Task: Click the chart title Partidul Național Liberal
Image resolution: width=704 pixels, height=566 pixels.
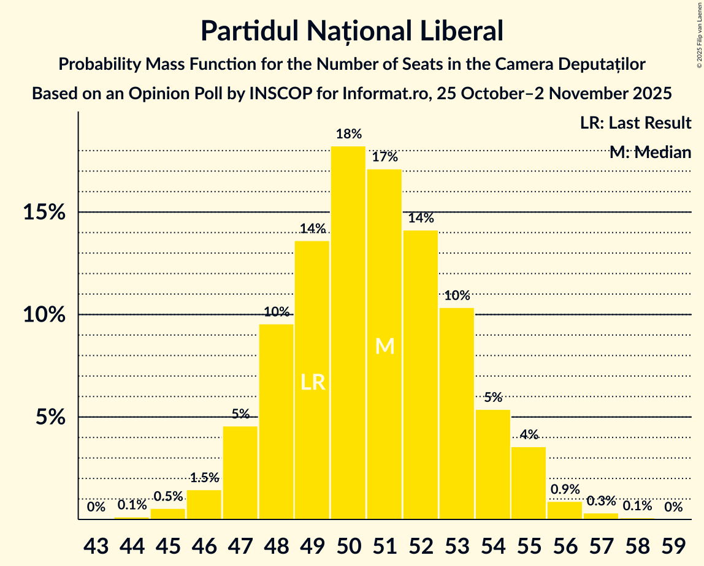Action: (352, 31)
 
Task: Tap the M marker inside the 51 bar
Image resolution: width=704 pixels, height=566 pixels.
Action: (385, 347)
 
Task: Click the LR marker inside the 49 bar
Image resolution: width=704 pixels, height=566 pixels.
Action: (313, 383)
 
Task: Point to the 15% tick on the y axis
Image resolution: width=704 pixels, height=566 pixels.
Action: (44, 213)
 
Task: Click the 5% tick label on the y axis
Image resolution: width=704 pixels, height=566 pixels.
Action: (50, 417)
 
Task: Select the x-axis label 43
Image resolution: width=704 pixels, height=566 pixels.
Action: (96, 544)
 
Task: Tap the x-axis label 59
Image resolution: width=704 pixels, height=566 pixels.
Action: (674, 544)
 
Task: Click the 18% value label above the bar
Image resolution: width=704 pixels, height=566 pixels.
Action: (348, 134)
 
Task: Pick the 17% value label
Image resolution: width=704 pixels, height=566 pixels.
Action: (385, 157)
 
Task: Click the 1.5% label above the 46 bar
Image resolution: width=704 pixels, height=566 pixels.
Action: (204, 477)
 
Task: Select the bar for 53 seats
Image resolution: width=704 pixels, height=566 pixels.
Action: (457, 413)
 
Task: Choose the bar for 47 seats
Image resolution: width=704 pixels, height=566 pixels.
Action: (240, 473)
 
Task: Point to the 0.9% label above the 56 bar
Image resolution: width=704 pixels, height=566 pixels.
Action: (565, 489)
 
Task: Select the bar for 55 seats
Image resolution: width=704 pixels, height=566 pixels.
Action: (529, 483)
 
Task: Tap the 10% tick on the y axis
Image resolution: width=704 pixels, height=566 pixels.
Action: (44, 315)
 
